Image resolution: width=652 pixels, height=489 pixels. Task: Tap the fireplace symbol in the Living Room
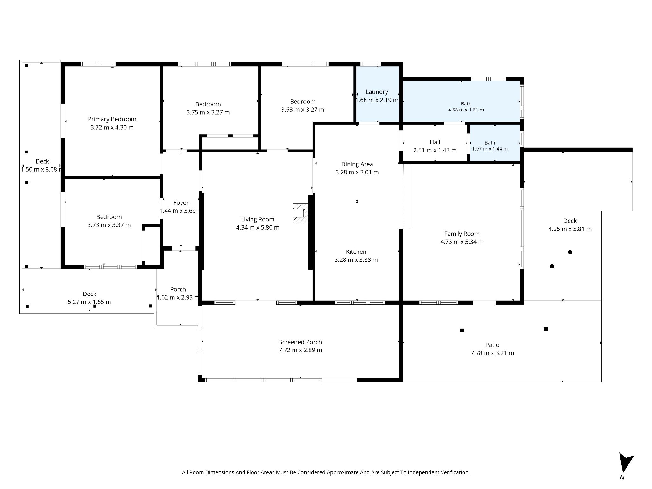tap(301, 213)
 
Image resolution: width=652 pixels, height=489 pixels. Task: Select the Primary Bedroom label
tap(112, 119)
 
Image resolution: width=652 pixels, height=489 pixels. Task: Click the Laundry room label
tap(377, 92)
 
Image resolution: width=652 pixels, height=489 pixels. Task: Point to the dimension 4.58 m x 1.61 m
tap(466, 110)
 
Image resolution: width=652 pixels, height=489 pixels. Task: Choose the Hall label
tap(435, 142)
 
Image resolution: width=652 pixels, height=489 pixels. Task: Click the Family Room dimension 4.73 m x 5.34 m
tap(462, 242)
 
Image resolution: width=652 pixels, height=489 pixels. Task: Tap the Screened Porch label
tap(301, 342)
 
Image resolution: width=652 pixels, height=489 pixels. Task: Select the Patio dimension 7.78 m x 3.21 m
tap(493, 353)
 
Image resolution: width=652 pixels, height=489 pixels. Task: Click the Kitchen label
tap(356, 252)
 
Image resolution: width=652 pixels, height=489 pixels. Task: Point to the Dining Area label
tap(357, 164)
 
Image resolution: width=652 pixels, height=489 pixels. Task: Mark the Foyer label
tap(181, 203)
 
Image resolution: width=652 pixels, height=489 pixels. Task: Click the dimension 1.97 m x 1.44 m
tap(490, 149)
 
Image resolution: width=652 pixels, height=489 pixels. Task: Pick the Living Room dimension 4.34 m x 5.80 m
tap(258, 228)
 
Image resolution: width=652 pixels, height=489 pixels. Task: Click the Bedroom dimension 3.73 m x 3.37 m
tap(109, 225)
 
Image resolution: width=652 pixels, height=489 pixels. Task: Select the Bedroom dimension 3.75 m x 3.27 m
tap(208, 112)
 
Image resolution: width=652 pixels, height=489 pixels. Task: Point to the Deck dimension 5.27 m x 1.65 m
tap(89, 302)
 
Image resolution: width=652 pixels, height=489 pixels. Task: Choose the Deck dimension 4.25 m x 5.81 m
tap(570, 229)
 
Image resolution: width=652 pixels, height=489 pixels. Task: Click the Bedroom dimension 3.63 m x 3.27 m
tap(303, 110)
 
